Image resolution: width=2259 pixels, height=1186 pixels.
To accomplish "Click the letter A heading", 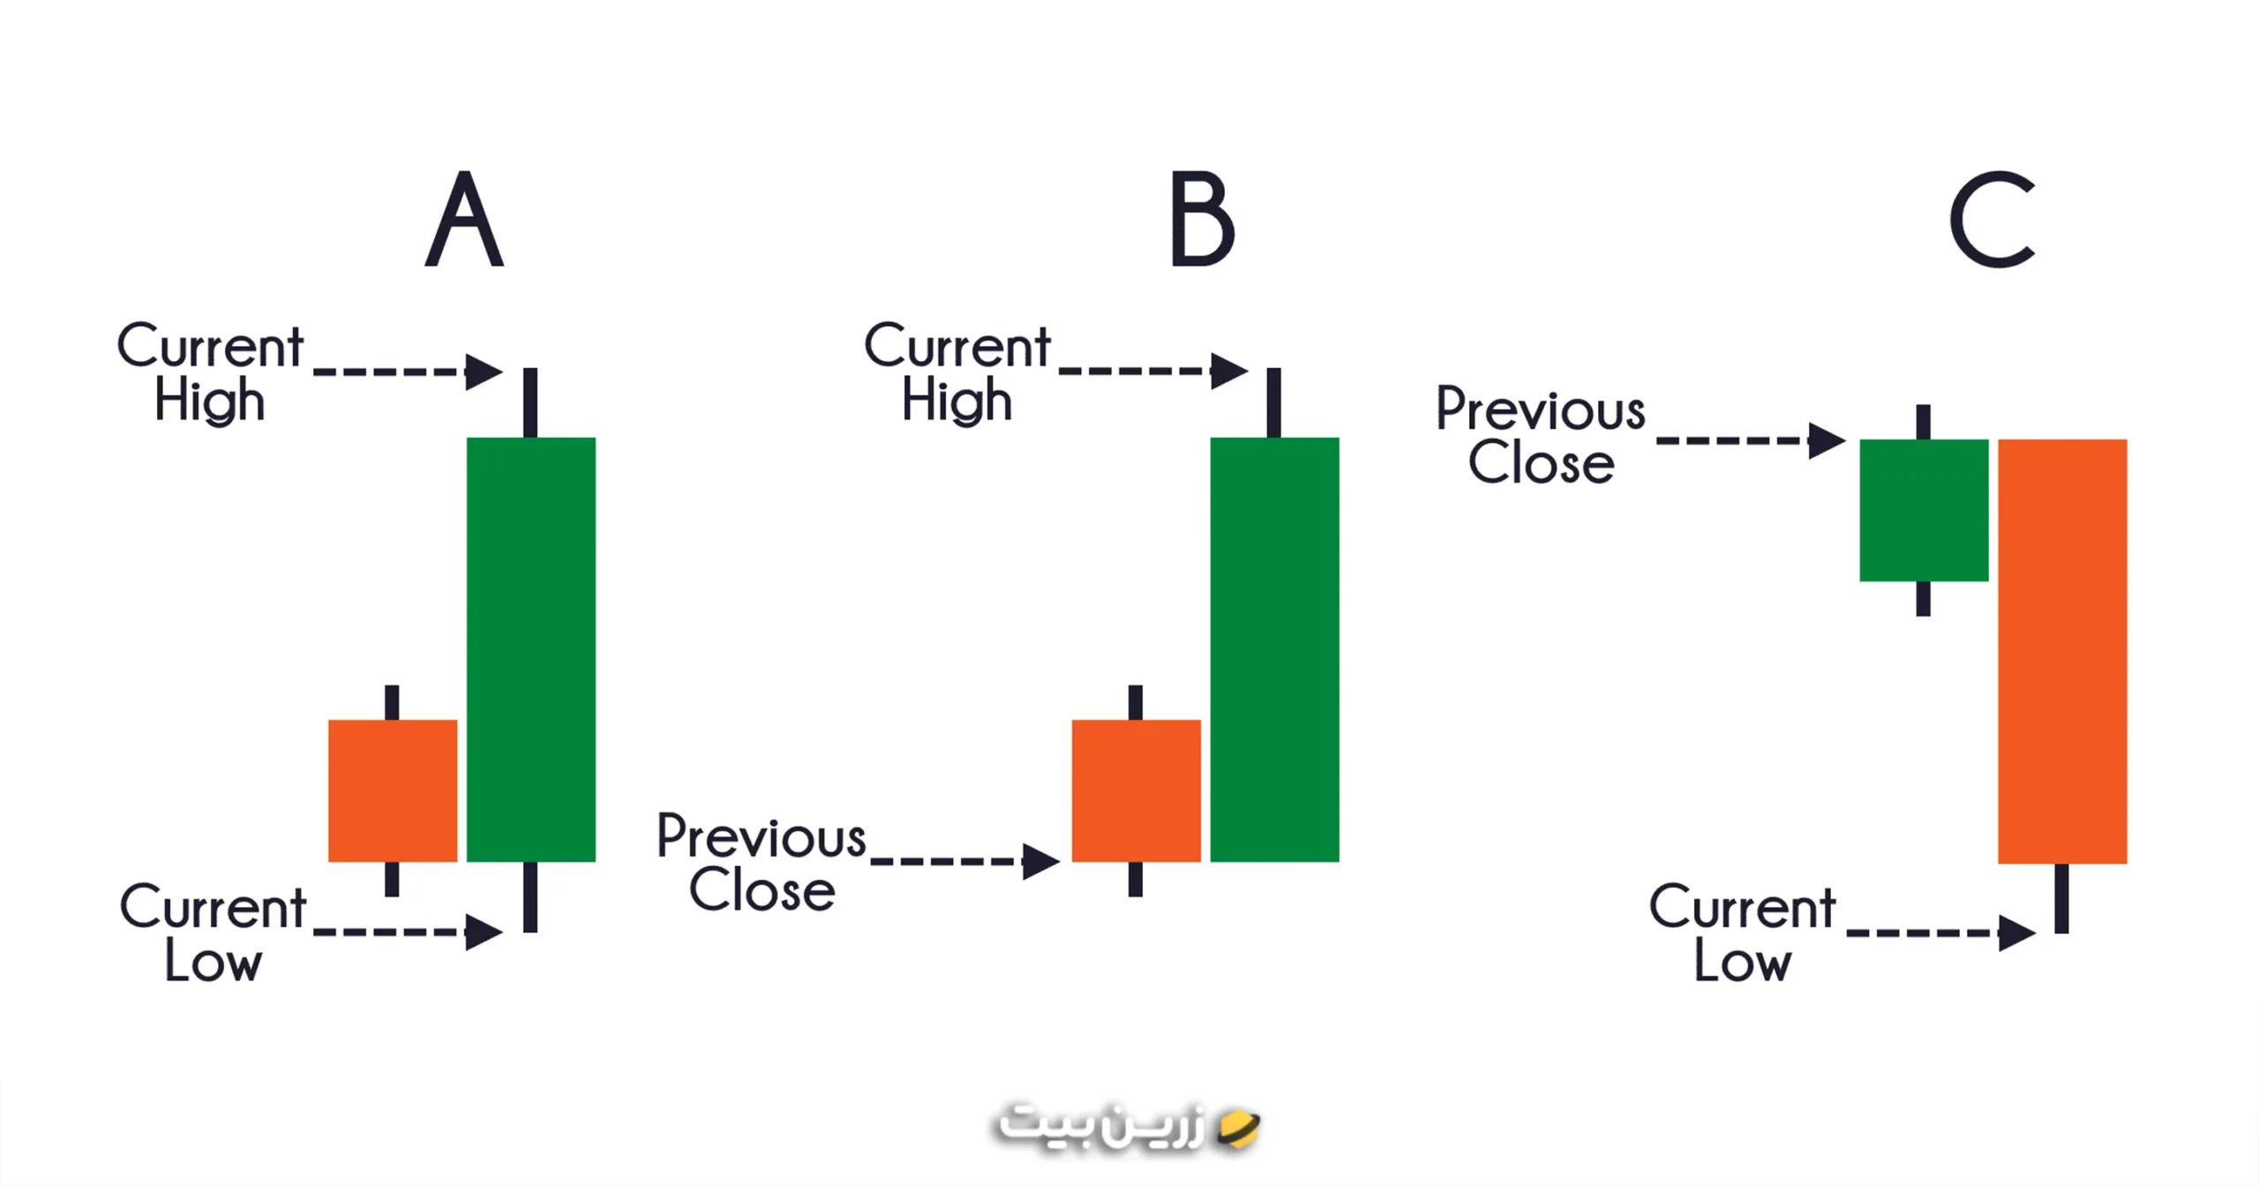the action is pyautogui.click(x=464, y=219).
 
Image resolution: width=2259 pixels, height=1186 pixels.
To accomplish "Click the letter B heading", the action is pyautogui.click(x=1202, y=219).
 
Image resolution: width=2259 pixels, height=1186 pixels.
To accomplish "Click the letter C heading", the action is pyautogui.click(x=1992, y=219).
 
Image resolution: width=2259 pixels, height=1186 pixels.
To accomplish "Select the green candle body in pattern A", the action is pyautogui.click(x=531, y=649).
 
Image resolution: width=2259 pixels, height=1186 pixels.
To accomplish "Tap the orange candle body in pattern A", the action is pyautogui.click(x=393, y=791).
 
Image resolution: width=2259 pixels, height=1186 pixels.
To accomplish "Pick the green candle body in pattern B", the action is pyautogui.click(x=1274, y=649).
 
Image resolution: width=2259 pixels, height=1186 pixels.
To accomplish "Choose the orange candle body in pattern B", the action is pyautogui.click(x=1137, y=791).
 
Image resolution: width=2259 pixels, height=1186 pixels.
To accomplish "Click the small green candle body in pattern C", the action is pyautogui.click(x=1924, y=510).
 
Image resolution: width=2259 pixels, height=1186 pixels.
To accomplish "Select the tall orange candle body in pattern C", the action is pyautogui.click(x=2062, y=651).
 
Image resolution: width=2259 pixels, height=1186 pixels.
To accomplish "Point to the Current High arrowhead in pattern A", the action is pyautogui.click(x=484, y=372).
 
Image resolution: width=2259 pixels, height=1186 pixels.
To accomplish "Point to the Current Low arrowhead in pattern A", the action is pyautogui.click(x=484, y=932).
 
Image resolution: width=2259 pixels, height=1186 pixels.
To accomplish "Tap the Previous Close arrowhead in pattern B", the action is pyautogui.click(x=1041, y=861).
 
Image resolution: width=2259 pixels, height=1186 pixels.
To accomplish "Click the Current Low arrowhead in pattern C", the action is pyautogui.click(x=2017, y=933).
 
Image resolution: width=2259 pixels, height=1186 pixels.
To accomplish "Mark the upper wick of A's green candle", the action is pyautogui.click(x=530, y=403).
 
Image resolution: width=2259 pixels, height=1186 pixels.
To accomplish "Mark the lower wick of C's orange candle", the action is pyautogui.click(x=2061, y=898).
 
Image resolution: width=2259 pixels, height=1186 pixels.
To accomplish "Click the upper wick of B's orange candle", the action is pyautogui.click(x=1136, y=702).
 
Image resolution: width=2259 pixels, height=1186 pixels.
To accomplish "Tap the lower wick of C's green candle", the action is pyautogui.click(x=1924, y=598).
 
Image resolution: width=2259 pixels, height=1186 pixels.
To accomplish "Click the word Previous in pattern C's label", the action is pyautogui.click(x=1541, y=409).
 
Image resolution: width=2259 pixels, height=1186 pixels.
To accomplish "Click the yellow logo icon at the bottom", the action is pyautogui.click(x=1238, y=1129).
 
